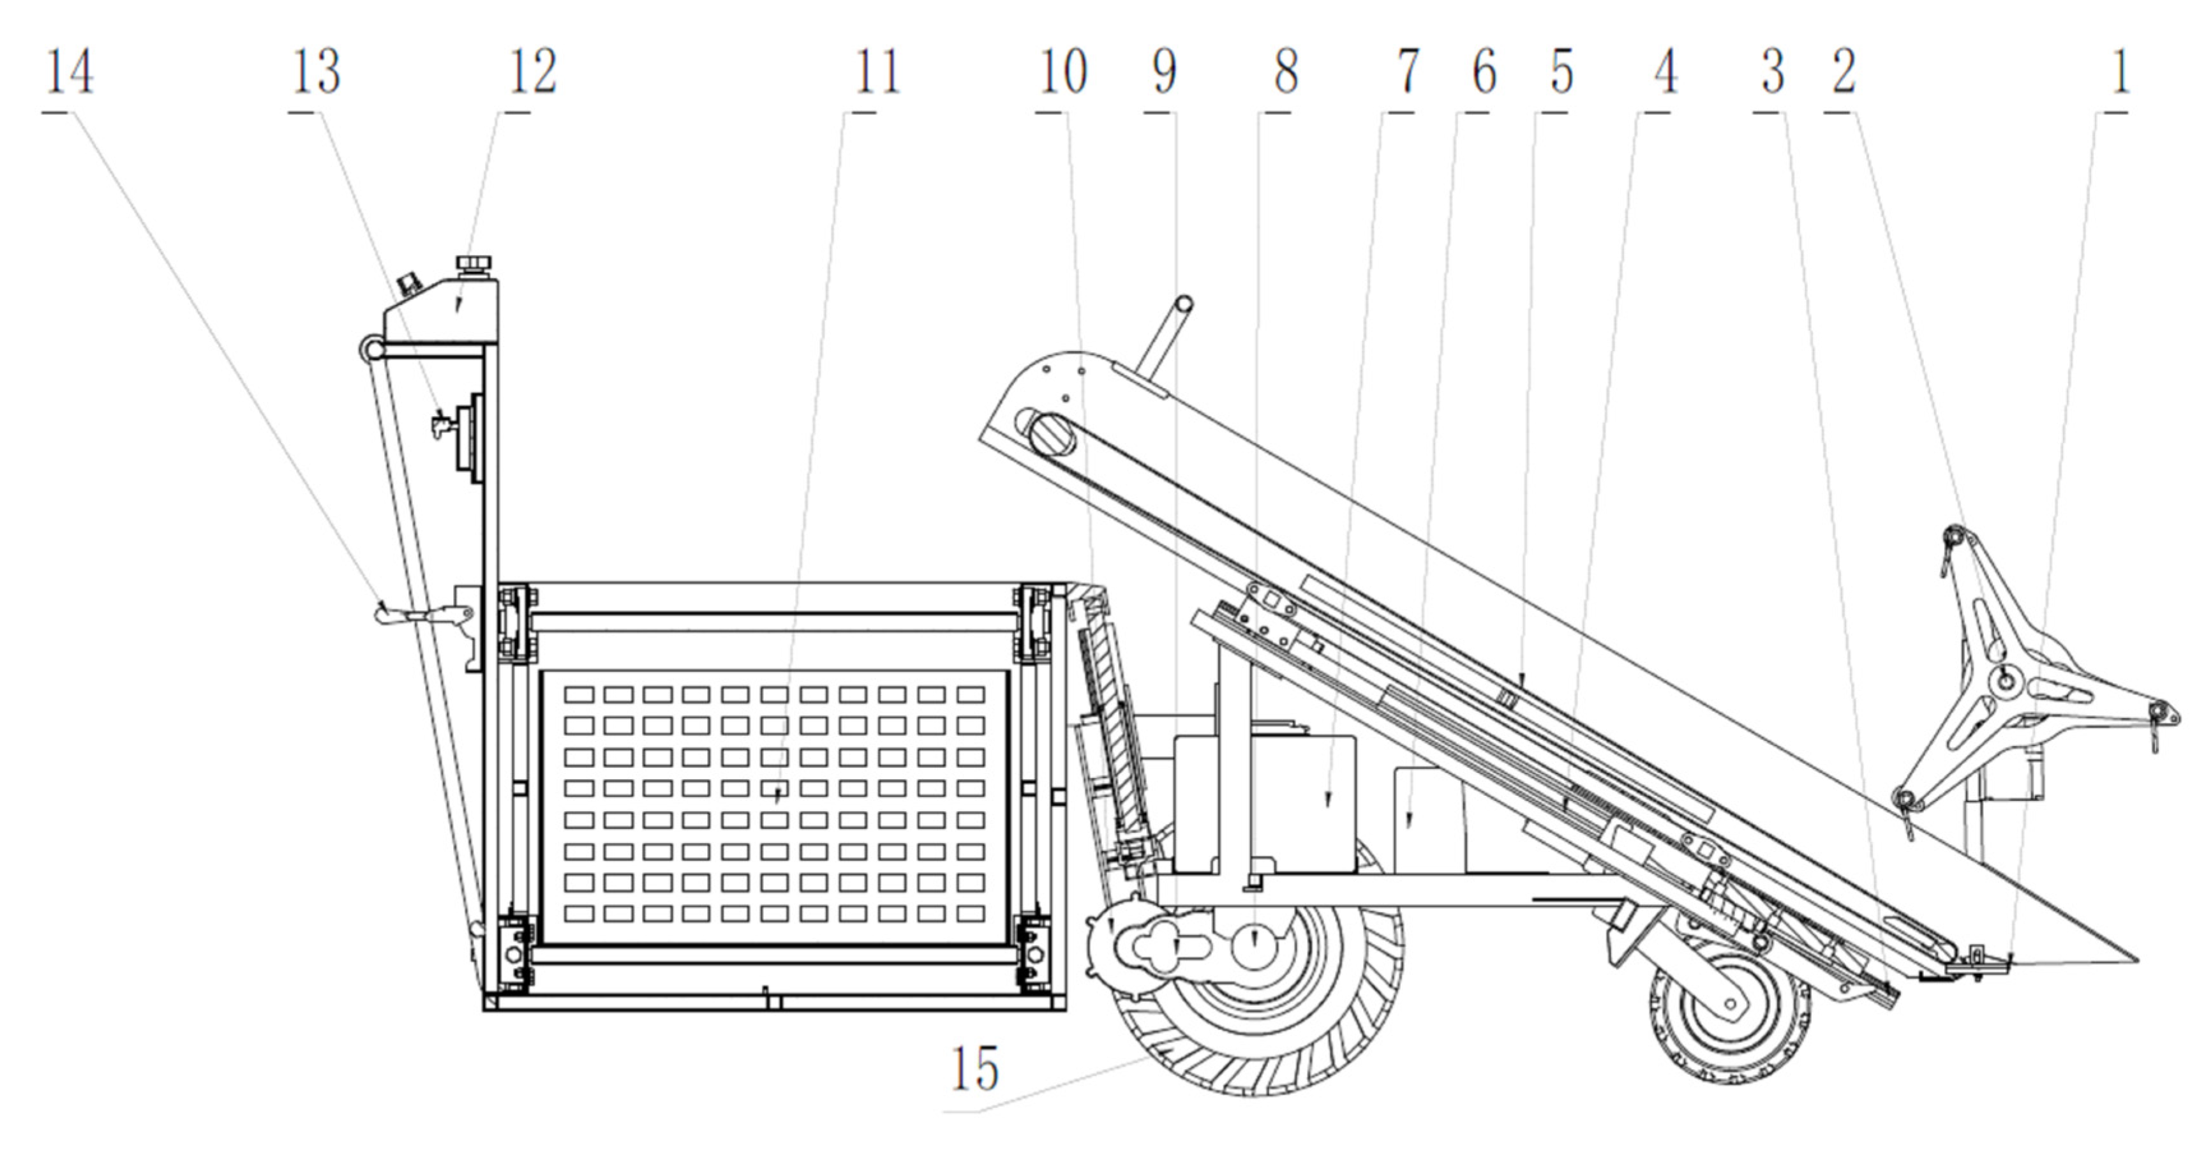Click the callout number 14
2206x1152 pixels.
tap(68, 72)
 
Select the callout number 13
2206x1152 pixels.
tap(315, 72)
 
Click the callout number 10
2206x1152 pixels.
tap(1062, 72)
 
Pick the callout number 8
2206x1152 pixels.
tap(1285, 72)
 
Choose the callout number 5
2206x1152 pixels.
tap(1561, 72)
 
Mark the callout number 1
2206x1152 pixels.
tap(2119, 72)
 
